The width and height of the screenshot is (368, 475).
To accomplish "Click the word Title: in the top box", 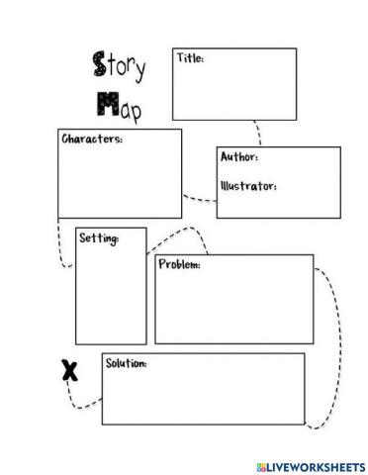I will (x=191, y=58).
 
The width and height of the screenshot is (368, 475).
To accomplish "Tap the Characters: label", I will (x=92, y=140).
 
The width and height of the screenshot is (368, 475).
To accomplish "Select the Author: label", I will (x=239, y=157).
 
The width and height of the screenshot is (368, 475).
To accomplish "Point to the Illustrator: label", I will (x=247, y=185).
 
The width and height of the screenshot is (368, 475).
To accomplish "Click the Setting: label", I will (x=99, y=238).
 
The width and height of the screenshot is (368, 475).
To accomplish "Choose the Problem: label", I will (x=179, y=265).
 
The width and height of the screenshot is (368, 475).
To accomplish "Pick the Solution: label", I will (x=126, y=363).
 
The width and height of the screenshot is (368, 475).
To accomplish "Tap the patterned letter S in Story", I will (x=98, y=66).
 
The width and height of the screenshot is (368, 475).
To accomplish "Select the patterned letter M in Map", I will (x=104, y=104).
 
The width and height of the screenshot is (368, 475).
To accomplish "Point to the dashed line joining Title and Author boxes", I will (x=259, y=133).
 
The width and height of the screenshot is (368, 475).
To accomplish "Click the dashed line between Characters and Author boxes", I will (x=200, y=199).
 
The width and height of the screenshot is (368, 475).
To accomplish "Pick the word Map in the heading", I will (x=118, y=105).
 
